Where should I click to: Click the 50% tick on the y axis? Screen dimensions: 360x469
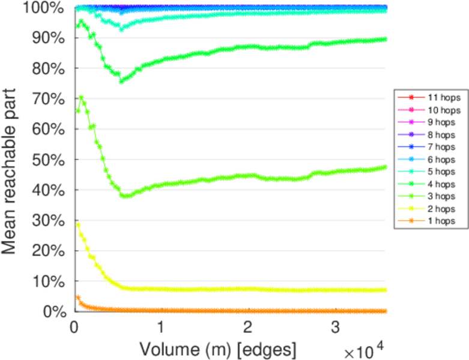point(49,160)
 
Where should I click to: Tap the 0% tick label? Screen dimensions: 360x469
point(53,311)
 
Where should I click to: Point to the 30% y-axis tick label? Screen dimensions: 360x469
point(49,220)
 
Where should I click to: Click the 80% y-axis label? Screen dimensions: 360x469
point(49,68)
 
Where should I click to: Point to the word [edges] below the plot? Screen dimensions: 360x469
point(268,349)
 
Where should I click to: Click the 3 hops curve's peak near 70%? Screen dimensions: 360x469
point(81,97)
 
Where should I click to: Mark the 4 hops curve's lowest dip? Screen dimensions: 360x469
point(122,81)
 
